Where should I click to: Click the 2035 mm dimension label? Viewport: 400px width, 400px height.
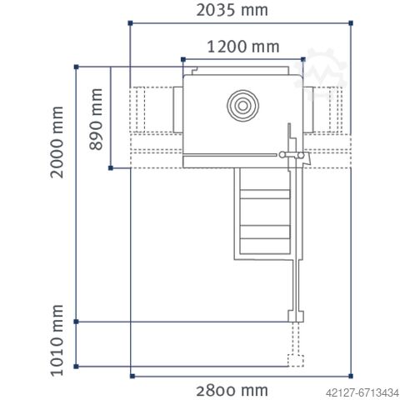[x=232, y=10]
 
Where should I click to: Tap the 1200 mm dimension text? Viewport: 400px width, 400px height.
[x=243, y=47]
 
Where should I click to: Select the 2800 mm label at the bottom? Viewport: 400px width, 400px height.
[x=232, y=391]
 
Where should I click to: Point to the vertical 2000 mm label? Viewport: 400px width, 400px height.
[x=57, y=142]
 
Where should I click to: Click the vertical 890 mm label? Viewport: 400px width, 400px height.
[x=96, y=119]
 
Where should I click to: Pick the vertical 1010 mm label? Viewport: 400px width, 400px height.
[x=57, y=340]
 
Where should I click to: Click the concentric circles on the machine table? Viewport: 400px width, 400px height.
[x=242, y=106]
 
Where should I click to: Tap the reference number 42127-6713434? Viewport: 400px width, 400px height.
[x=362, y=392]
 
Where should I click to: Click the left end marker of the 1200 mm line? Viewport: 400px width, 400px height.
[x=183, y=59]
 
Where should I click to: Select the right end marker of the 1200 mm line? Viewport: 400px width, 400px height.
[x=303, y=59]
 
